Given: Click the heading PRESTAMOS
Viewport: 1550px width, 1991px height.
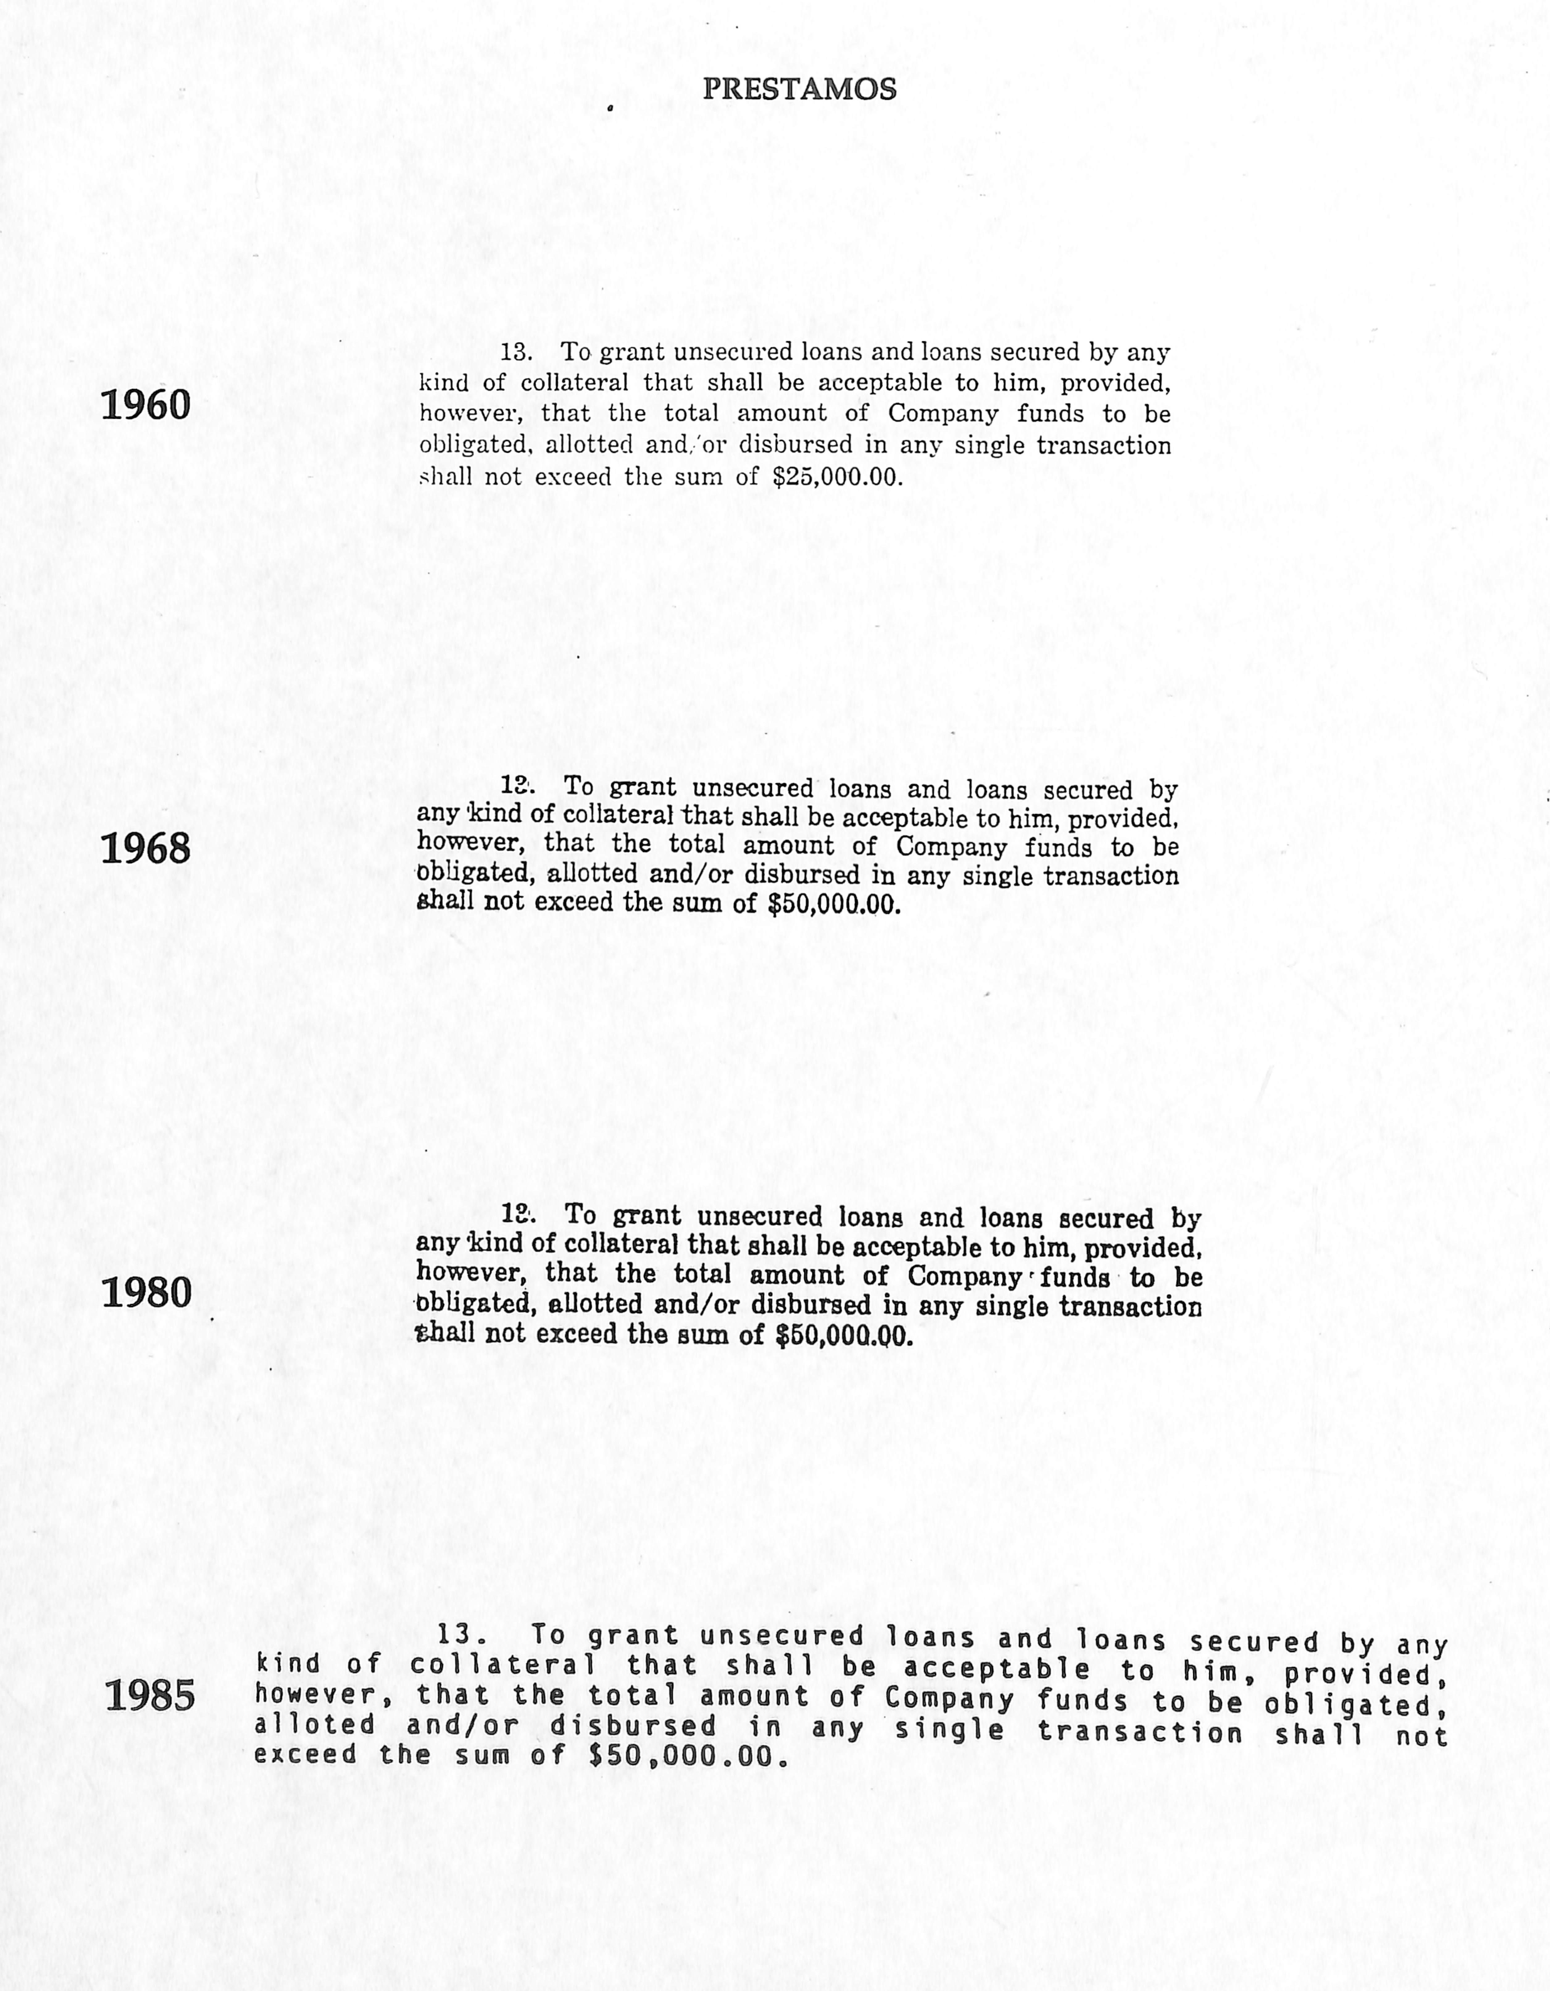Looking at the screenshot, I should [x=800, y=89].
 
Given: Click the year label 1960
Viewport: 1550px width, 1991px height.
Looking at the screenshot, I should [x=146, y=405].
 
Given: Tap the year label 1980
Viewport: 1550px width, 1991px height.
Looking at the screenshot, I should [x=146, y=1293].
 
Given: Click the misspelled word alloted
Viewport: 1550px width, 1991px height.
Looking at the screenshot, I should [x=315, y=1725].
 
